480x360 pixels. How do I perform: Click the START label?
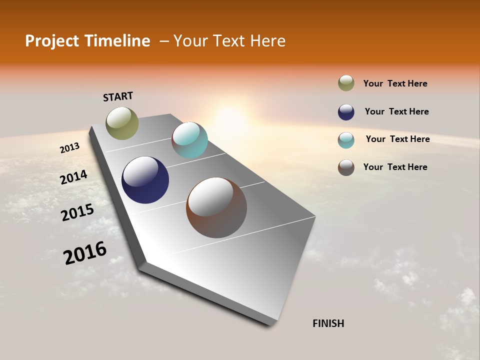[x=118, y=96]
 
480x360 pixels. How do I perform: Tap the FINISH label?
[x=328, y=323]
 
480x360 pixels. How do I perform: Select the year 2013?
[x=69, y=148]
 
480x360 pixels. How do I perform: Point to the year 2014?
[x=73, y=177]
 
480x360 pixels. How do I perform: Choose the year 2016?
[x=85, y=253]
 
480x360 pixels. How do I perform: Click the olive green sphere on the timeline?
[x=122, y=123]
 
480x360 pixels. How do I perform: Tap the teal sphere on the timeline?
[x=189, y=140]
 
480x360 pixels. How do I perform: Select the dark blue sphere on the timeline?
[x=145, y=180]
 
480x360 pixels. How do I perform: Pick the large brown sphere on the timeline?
[x=216, y=207]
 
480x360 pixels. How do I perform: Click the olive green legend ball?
[x=346, y=83]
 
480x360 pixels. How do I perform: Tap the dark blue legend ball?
[x=346, y=112]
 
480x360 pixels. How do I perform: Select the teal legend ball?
[x=346, y=140]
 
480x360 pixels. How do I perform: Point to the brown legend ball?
[x=346, y=167]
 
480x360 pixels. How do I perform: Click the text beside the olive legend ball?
[x=395, y=83]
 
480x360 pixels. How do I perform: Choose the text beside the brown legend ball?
[x=395, y=167]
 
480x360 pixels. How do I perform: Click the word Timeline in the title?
[x=117, y=41]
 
